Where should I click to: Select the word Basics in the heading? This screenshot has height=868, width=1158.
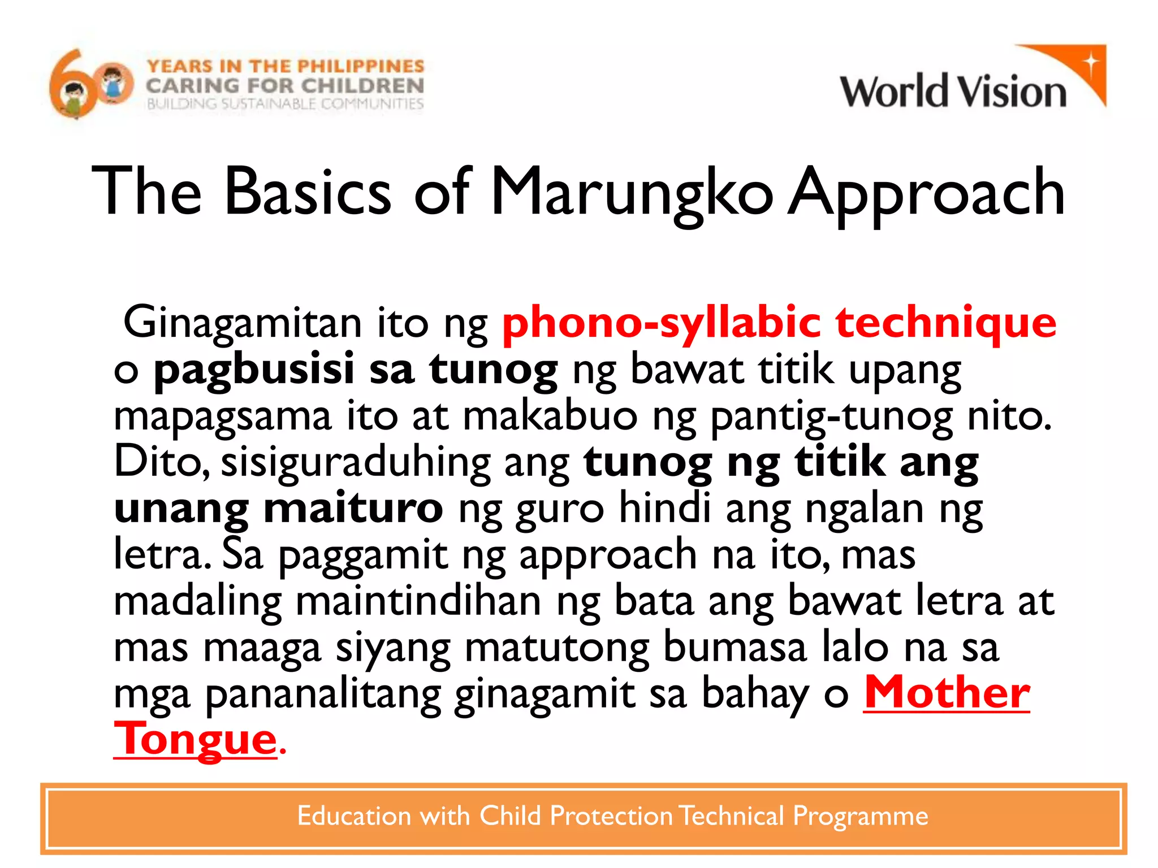coord(308,192)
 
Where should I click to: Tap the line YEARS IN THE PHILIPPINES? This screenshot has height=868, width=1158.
coord(286,66)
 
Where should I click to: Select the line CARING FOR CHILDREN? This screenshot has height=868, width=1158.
coord(285,86)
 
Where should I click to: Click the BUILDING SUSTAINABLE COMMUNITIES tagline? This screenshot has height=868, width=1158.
coord(285,104)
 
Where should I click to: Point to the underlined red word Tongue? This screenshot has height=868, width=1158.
coord(196,740)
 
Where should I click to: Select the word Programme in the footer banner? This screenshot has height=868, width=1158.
coord(860,816)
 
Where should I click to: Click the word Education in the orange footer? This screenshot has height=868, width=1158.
coord(354,816)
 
